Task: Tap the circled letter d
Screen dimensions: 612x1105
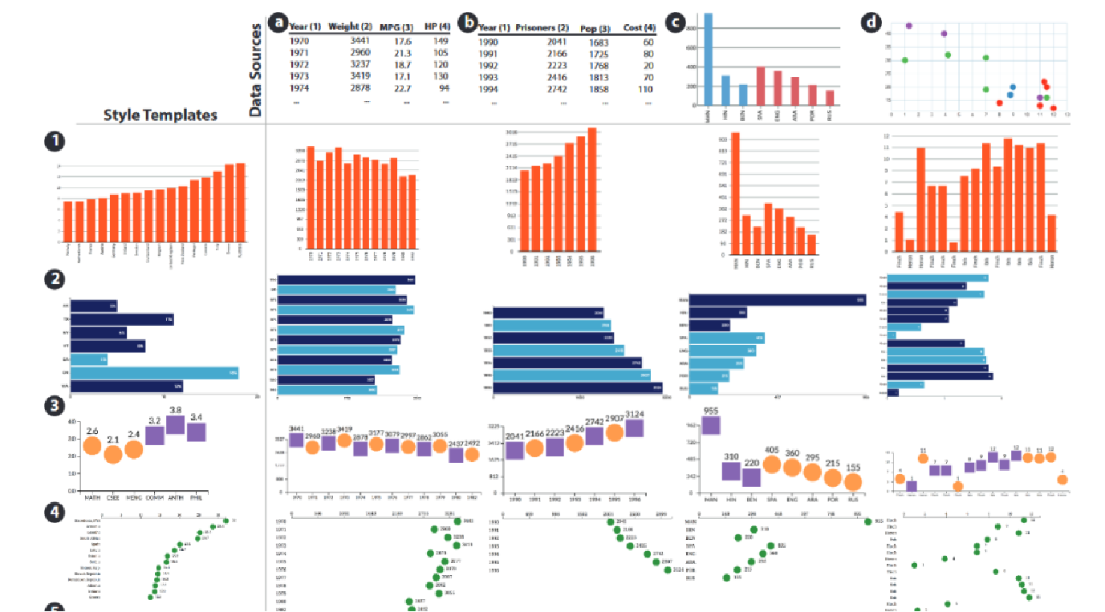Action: pos(871,22)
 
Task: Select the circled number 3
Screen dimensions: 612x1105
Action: pos(54,406)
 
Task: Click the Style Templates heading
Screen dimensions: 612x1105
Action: pos(160,115)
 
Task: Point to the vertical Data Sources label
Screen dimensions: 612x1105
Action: pos(256,71)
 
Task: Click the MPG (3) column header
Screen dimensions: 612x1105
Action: pos(397,27)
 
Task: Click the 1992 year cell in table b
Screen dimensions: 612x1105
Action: pos(494,66)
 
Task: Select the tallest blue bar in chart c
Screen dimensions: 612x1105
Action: pos(708,59)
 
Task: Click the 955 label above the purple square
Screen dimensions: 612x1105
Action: pos(710,411)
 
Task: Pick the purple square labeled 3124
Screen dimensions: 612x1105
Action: pos(635,428)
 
